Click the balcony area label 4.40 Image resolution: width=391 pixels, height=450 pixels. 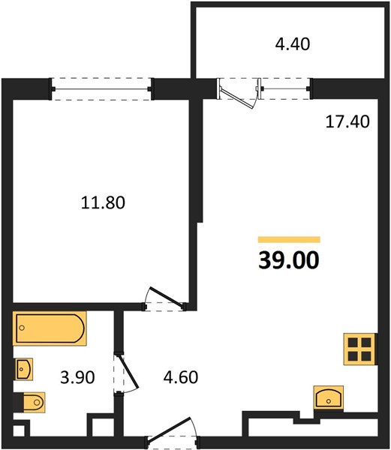(293, 44)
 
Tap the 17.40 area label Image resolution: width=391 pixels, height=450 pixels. (347, 121)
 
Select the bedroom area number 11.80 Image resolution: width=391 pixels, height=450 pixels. (103, 202)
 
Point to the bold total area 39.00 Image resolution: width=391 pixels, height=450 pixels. (289, 260)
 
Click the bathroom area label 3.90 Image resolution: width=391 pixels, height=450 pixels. (77, 377)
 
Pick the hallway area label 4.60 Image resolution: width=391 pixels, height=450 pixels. (181, 377)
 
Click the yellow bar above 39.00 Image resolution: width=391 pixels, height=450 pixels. (289, 239)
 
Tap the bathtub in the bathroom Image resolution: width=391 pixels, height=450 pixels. (50, 328)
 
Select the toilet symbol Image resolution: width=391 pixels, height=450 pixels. (34, 402)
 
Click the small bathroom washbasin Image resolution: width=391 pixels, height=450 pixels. (24, 369)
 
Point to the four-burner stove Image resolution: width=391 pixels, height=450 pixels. (360, 349)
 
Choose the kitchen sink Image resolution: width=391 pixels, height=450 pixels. (329, 397)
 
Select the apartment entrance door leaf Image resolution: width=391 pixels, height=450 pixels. (170, 429)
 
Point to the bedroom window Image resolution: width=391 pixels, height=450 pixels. (101, 89)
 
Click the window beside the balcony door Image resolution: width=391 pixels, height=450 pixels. (286, 88)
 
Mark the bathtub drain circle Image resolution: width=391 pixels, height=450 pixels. (22, 328)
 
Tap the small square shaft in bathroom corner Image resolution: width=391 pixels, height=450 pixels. (19, 430)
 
